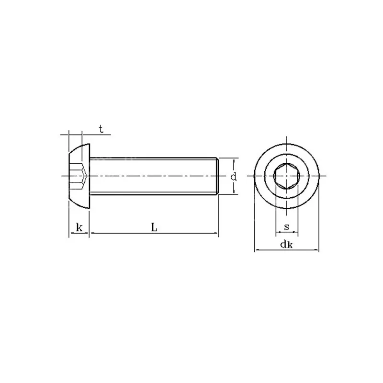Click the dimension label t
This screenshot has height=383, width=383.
[101, 129]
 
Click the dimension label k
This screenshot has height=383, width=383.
[79, 227]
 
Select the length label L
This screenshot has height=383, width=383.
[154, 227]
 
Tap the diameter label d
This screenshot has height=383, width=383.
[234, 176]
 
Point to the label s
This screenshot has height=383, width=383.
[287, 227]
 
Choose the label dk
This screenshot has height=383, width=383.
[286, 244]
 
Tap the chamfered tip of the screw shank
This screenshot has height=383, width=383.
[217, 176]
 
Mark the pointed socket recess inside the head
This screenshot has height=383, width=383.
[84, 176]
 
